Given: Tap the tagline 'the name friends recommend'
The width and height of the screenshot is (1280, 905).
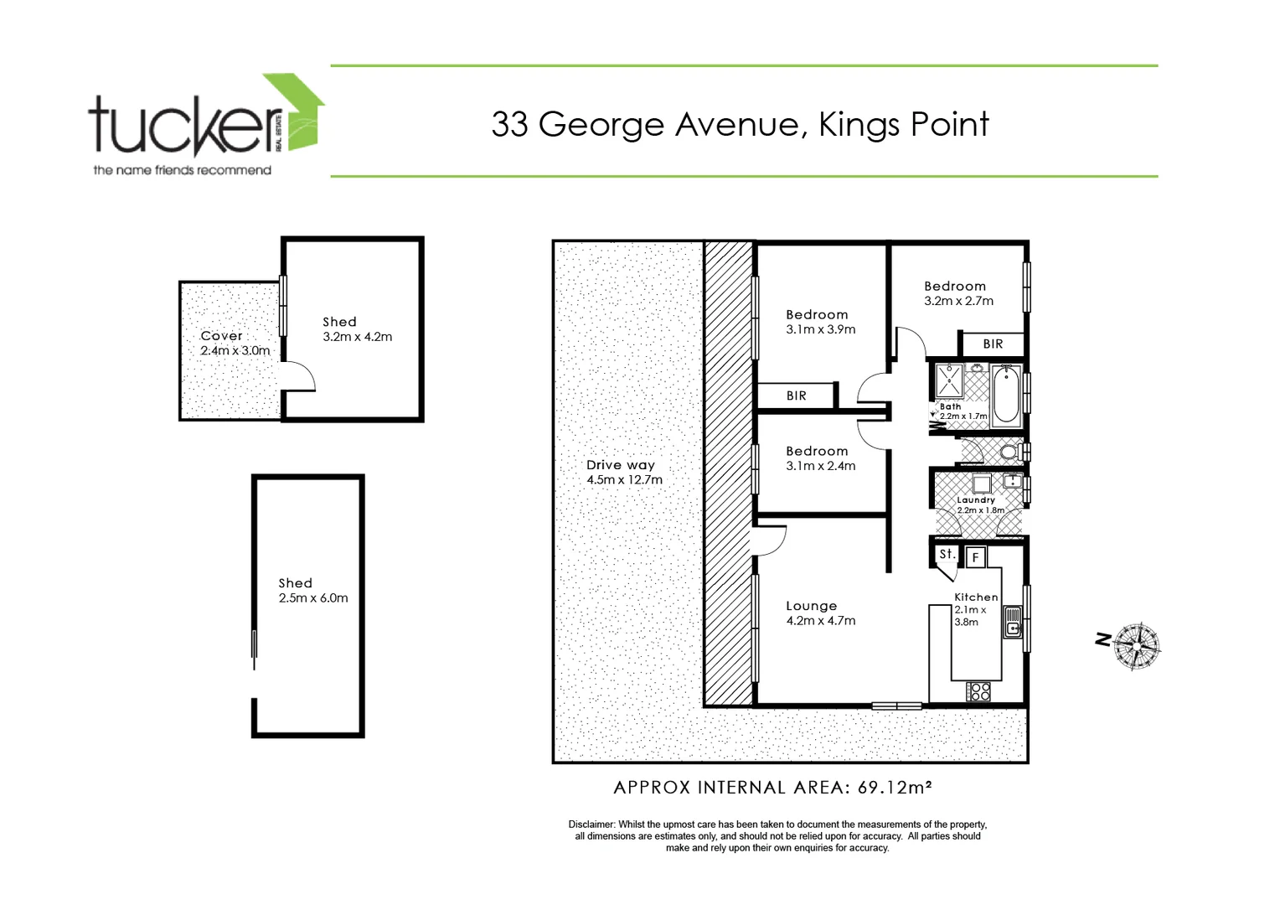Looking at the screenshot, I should click(x=182, y=170).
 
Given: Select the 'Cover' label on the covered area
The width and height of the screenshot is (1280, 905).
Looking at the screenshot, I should click(x=221, y=335).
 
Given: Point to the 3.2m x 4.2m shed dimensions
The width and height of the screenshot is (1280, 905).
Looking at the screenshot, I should click(x=357, y=337).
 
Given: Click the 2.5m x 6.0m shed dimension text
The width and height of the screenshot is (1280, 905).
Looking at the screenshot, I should click(x=312, y=598).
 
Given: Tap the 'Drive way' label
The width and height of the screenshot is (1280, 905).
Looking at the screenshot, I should click(x=620, y=465).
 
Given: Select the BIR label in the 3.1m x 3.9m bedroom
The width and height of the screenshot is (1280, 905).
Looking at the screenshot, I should click(x=796, y=396).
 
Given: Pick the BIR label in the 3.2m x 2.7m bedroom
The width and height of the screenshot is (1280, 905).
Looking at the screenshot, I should click(x=993, y=344).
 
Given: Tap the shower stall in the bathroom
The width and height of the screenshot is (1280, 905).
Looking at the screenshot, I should click(x=949, y=381).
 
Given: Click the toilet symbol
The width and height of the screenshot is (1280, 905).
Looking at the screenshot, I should click(x=1009, y=452).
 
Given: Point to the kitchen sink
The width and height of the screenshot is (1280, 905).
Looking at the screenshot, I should click(x=1013, y=621).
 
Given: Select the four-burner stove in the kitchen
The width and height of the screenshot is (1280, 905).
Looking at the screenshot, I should click(x=978, y=691).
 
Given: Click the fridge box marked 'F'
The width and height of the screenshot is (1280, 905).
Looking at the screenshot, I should click(x=975, y=557).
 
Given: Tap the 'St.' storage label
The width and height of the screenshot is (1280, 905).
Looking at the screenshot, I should click(x=946, y=554).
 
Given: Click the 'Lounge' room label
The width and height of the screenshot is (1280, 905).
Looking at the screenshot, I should click(x=811, y=606).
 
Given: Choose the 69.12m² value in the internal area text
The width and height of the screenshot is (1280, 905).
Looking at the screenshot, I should click(x=895, y=788).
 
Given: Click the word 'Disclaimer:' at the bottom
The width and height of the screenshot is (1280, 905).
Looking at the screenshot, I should click(x=591, y=825).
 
